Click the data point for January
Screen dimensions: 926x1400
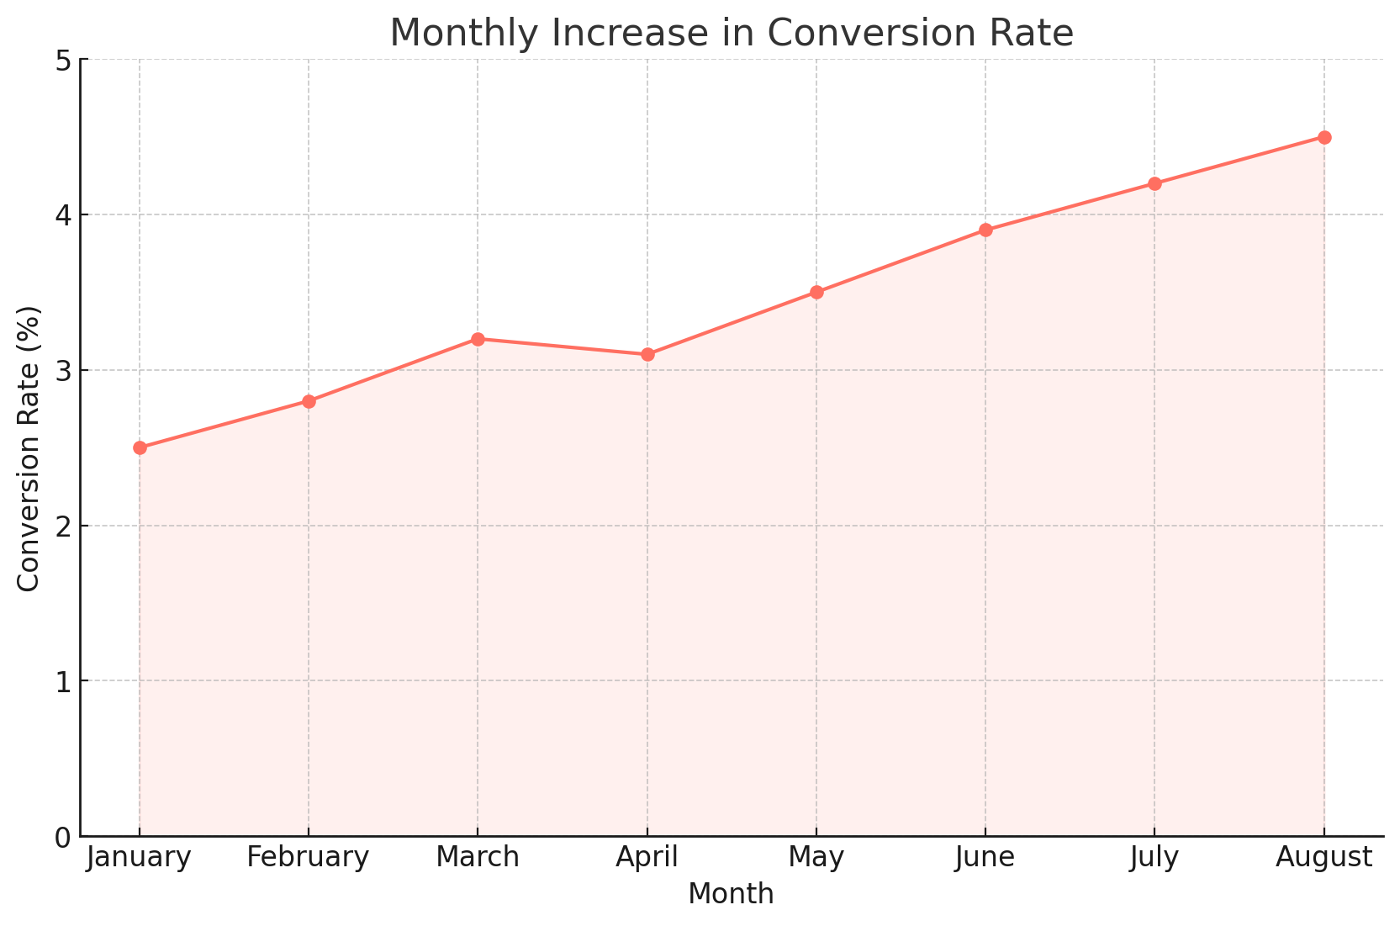[140, 447]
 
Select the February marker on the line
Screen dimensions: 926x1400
[309, 401]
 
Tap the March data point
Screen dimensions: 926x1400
[478, 339]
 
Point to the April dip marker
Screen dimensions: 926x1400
[647, 354]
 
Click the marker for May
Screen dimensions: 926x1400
[816, 293]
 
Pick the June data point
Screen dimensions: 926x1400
[985, 230]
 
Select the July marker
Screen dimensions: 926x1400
[1154, 183]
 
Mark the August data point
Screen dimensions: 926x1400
[1324, 137]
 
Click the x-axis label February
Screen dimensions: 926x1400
[309, 858]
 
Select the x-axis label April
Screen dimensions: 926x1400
[647, 858]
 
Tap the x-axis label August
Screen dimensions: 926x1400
[1324, 858]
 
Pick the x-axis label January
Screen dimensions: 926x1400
[140, 858]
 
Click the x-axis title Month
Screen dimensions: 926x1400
[731, 894]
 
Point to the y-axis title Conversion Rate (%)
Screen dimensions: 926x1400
[29, 448]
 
